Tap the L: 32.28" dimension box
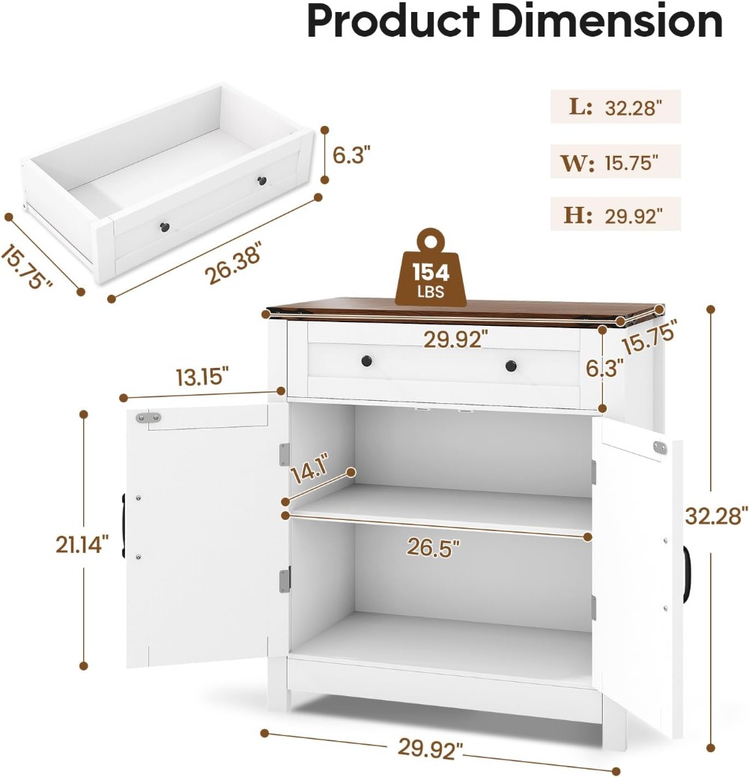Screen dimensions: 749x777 point(615,106)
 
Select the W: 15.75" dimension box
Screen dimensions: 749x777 point(615,162)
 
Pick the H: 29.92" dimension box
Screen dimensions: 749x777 point(615,214)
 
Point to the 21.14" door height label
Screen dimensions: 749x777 point(82,545)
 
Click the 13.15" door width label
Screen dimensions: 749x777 point(202,377)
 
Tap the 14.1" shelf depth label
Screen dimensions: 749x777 point(311,467)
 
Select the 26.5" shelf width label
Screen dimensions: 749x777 point(434,548)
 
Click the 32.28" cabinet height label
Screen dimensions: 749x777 point(716,516)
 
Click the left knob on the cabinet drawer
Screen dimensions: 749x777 point(366,360)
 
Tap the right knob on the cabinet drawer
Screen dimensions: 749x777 point(511,366)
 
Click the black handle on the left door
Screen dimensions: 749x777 point(122,526)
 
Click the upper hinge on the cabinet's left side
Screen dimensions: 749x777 point(285,454)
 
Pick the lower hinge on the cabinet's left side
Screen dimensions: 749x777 point(285,580)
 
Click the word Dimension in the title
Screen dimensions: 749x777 point(609,20)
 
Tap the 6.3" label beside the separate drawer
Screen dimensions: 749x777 point(351,155)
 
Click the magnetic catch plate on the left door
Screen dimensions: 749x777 point(148,418)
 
